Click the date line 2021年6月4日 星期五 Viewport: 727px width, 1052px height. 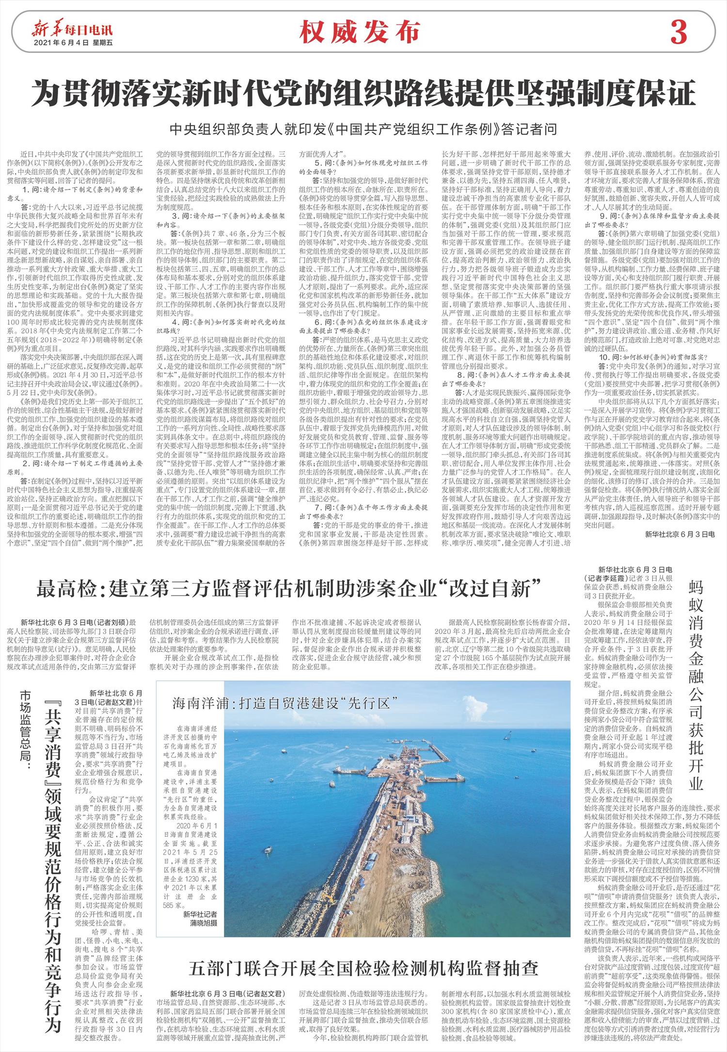[73, 43]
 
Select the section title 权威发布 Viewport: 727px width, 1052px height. [359, 32]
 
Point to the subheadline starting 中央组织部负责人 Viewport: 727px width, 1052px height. [363, 129]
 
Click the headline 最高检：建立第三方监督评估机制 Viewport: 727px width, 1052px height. [289, 589]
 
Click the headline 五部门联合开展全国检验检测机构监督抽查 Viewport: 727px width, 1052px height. [363, 954]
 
